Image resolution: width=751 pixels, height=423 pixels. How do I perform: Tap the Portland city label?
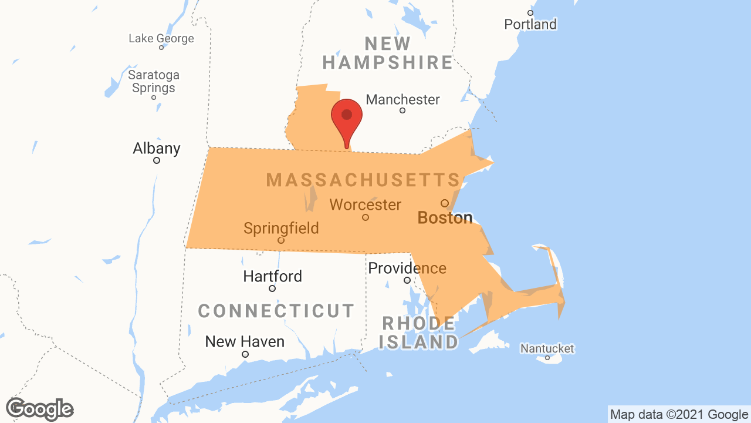click(530, 24)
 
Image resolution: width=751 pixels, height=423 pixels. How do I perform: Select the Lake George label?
click(161, 39)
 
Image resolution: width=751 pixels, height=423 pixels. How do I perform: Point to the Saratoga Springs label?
click(154, 82)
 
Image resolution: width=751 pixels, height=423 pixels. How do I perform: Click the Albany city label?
click(156, 148)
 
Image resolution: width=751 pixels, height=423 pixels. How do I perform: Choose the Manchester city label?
click(402, 99)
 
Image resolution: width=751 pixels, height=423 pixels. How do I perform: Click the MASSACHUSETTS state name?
click(363, 180)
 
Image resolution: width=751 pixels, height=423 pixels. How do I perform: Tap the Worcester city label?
click(366, 205)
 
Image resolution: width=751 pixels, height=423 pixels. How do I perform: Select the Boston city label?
click(445, 218)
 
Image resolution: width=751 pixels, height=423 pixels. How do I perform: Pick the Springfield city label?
click(281, 228)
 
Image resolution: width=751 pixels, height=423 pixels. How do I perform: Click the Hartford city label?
click(272, 276)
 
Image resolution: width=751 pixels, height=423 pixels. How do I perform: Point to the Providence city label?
click(407, 268)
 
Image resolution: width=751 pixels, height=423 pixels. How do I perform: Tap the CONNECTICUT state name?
click(276, 311)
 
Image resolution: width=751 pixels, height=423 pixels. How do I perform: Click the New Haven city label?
click(245, 341)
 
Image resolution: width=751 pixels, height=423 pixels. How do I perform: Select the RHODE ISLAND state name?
click(419, 333)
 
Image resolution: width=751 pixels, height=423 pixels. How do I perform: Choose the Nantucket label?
click(547, 349)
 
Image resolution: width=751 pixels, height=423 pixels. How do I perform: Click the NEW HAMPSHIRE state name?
click(388, 53)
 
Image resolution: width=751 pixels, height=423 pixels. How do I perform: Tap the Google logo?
click(40, 409)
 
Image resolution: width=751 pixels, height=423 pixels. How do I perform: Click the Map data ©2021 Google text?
click(679, 415)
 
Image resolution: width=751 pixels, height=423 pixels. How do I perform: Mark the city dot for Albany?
click(157, 160)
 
